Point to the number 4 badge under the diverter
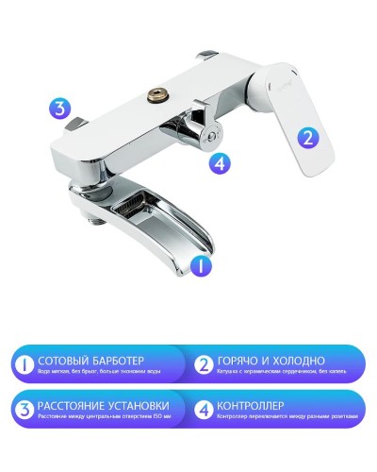coord(220,162)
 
